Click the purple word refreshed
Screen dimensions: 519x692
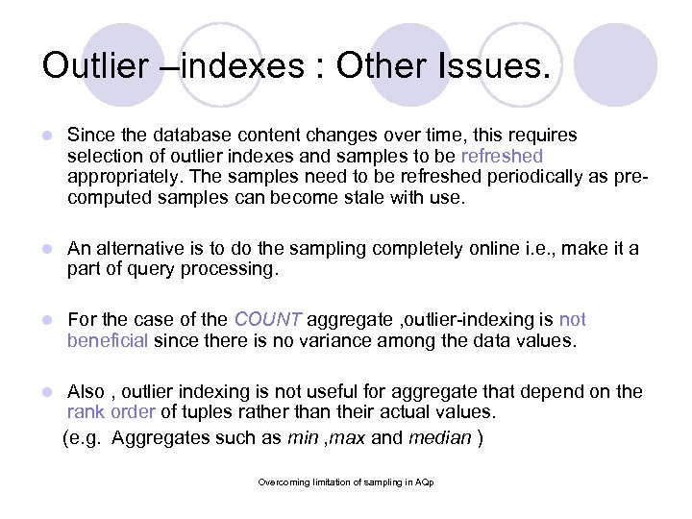coord(502,156)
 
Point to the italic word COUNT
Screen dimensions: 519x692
coord(269,320)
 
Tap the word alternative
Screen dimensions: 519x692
coord(136,249)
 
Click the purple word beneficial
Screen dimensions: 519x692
coord(107,339)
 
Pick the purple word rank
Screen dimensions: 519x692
coord(85,412)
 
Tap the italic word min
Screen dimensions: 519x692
coord(303,437)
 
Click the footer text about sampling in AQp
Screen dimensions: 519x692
coord(346,482)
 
